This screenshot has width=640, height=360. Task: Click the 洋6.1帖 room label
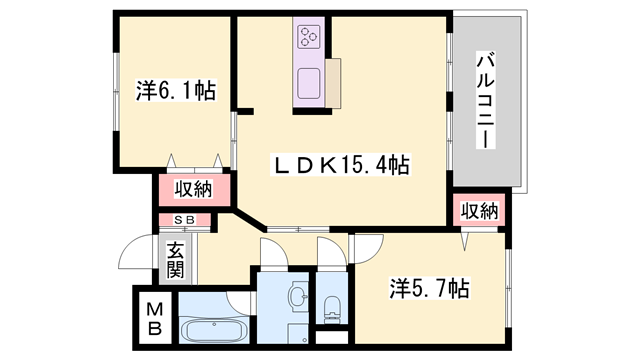(173, 89)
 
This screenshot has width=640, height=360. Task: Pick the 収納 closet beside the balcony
(478, 210)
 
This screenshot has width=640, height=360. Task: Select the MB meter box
(155, 319)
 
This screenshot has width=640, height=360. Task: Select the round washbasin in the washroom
(296, 295)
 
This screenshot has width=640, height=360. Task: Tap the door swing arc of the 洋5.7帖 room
(366, 248)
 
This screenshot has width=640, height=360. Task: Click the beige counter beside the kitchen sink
(333, 81)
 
